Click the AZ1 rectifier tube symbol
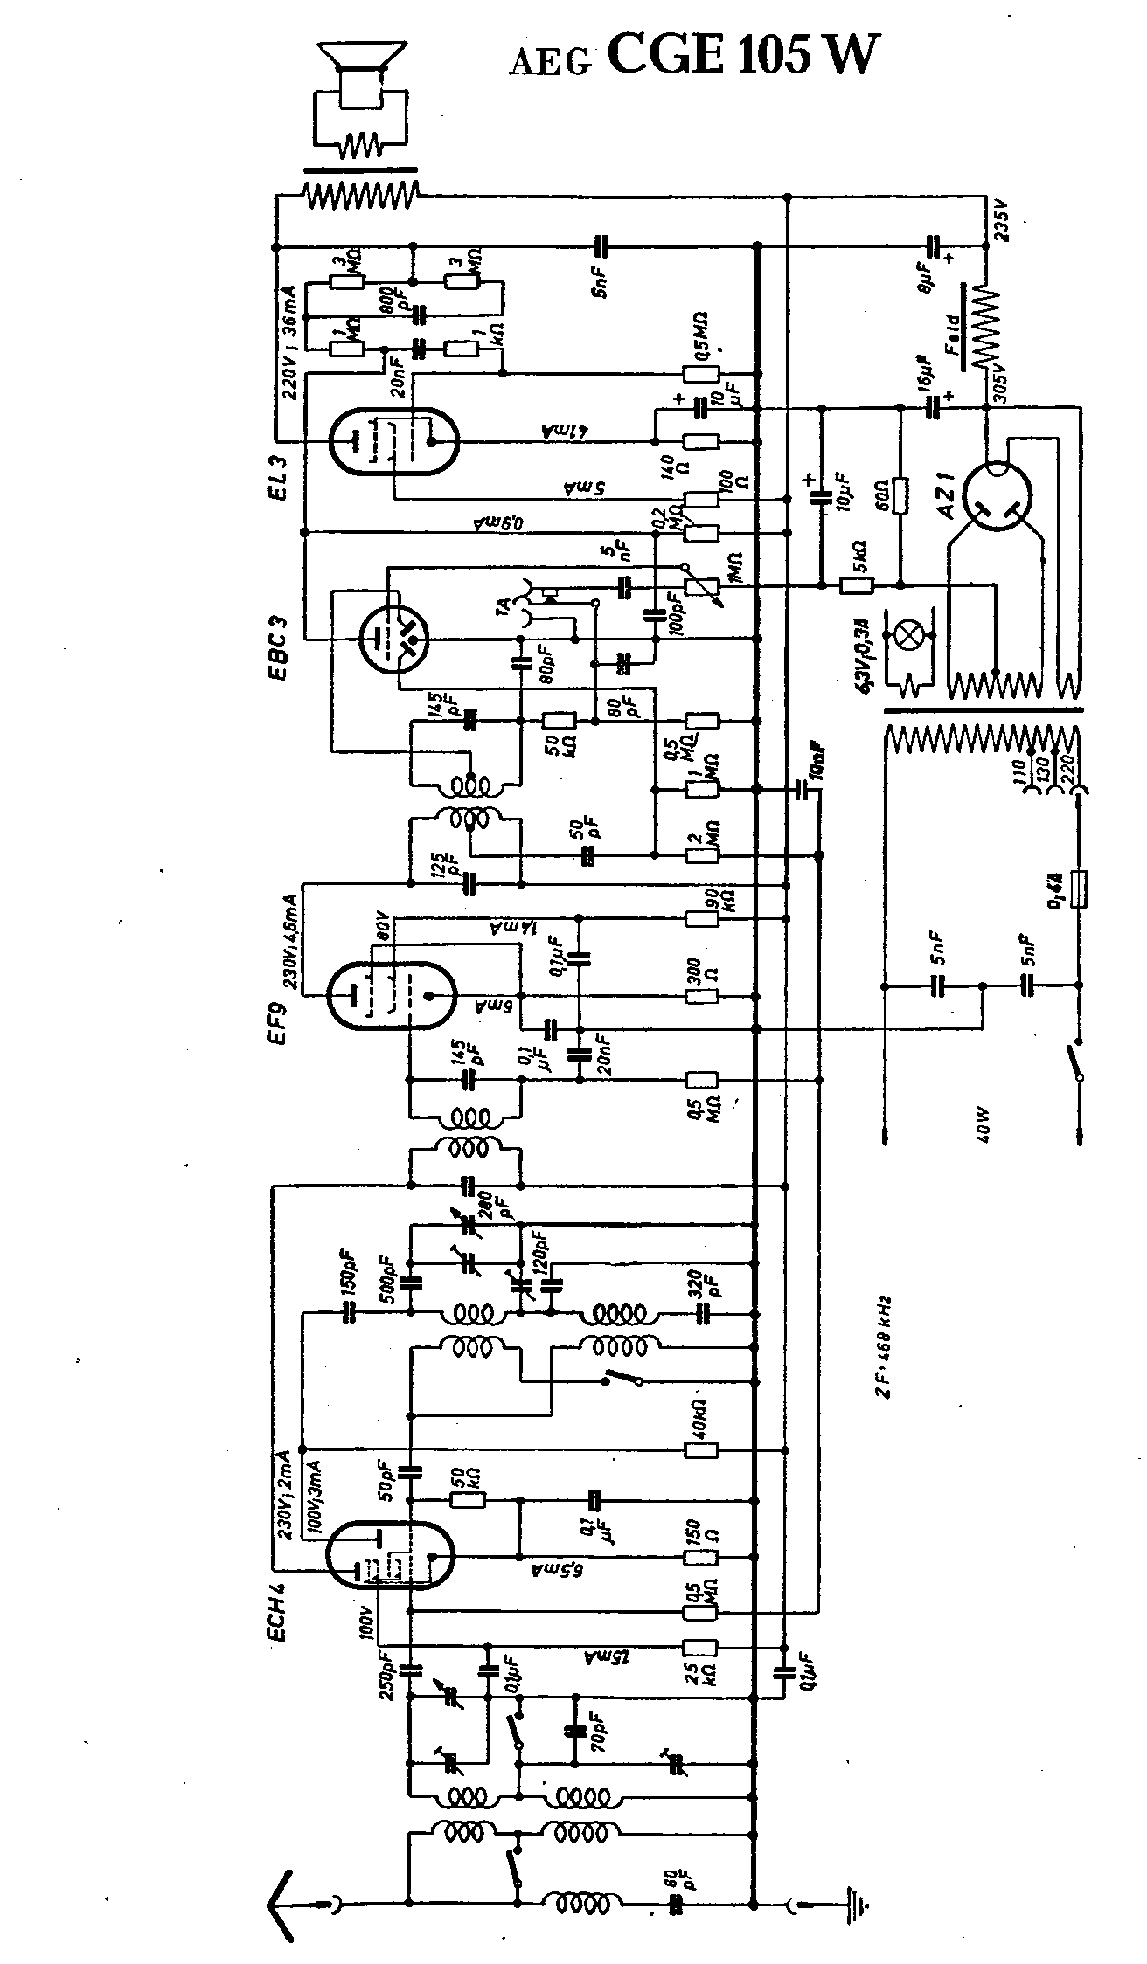click(x=996, y=496)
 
